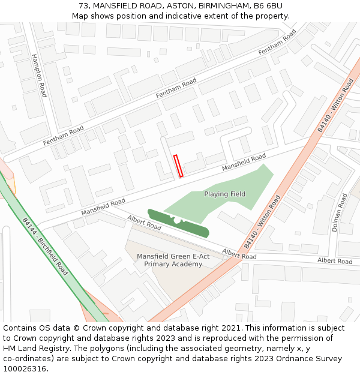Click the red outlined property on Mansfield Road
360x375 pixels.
point(178,166)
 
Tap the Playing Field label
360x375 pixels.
point(224,194)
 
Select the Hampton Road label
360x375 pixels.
point(39,75)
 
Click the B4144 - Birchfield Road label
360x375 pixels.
point(45,246)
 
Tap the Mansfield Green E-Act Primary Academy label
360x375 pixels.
point(173,260)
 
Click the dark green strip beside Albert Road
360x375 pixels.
point(178,224)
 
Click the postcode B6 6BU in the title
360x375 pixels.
point(268,6)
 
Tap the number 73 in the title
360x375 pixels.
point(83,6)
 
